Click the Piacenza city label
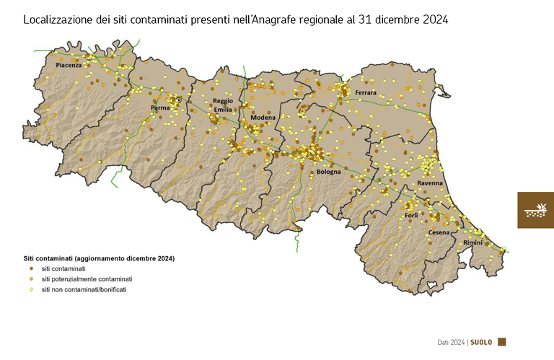click(69, 66)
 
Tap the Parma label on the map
click(159, 108)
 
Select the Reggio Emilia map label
click(222, 105)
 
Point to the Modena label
click(263, 117)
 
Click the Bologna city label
click(329, 172)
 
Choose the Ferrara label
click(366, 93)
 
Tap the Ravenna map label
click(430, 185)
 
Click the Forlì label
click(411, 216)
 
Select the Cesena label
click(439, 232)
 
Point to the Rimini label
click(472, 243)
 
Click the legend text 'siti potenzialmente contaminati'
click(87, 278)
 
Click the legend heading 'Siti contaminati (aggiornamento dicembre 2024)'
click(99, 258)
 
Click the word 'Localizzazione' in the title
click(58, 20)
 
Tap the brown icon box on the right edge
click(535, 210)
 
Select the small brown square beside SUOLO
click(502, 342)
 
